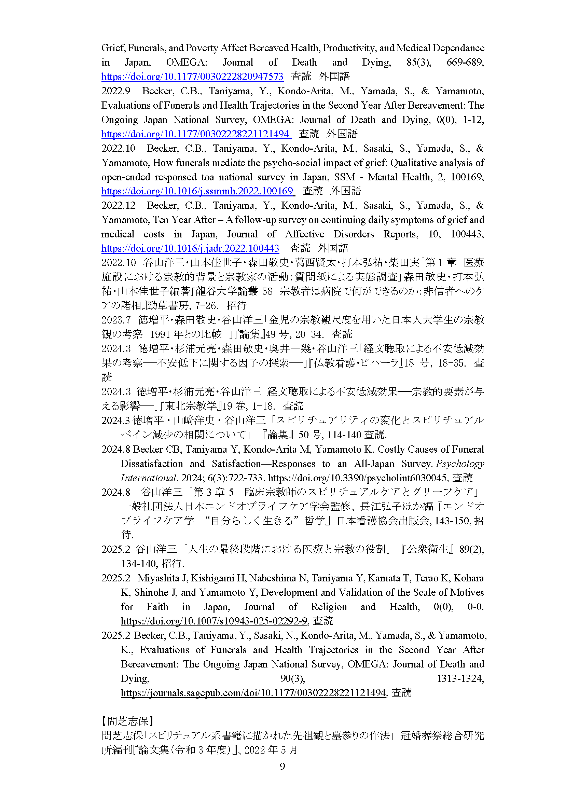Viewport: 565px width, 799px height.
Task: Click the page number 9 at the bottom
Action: coord(282,766)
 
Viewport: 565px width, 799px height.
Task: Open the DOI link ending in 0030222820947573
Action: coord(192,77)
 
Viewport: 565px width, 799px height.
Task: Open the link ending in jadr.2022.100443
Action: coord(190,248)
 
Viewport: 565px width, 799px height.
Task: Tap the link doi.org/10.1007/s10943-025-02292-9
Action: coord(214,621)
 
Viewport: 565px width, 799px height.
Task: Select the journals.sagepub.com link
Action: coord(253,692)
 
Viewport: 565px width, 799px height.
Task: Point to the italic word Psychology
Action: coord(460,464)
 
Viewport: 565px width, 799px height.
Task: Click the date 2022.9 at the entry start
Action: coord(116,91)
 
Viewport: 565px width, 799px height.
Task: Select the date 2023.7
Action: coord(116,320)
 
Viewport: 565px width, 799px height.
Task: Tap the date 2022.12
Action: coord(118,205)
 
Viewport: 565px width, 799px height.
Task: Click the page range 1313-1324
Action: coord(460,678)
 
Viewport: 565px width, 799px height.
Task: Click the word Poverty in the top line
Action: coord(202,48)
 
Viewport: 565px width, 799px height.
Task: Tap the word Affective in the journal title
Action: coord(304,234)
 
